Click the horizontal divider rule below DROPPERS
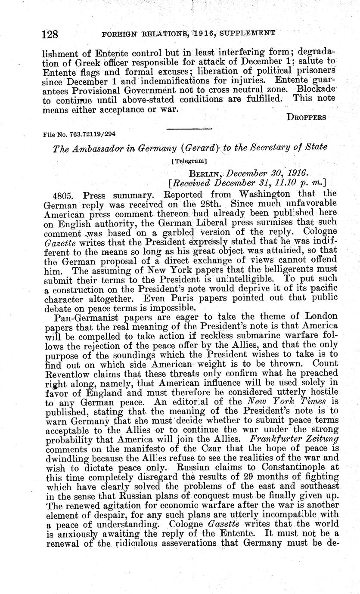[189, 128]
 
